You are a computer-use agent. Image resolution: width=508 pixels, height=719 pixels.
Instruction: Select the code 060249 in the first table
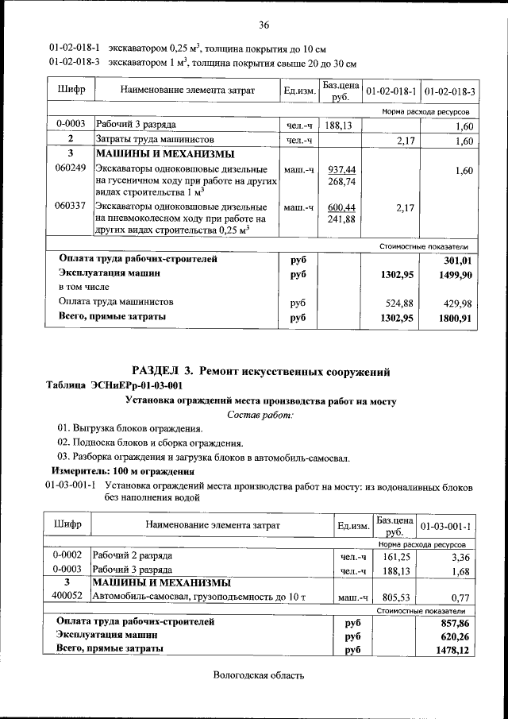click(x=70, y=170)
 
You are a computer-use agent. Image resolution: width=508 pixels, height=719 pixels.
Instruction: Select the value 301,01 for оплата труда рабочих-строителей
click(x=458, y=260)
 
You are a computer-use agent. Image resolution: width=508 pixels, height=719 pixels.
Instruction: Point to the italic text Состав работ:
click(x=260, y=415)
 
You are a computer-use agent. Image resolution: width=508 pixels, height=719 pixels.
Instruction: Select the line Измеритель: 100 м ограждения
click(x=117, y=471)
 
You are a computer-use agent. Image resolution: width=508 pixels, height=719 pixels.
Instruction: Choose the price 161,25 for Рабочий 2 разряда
click(x=394, y=556)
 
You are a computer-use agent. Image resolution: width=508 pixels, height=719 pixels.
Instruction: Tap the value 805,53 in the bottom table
click(x=394, y=596)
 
